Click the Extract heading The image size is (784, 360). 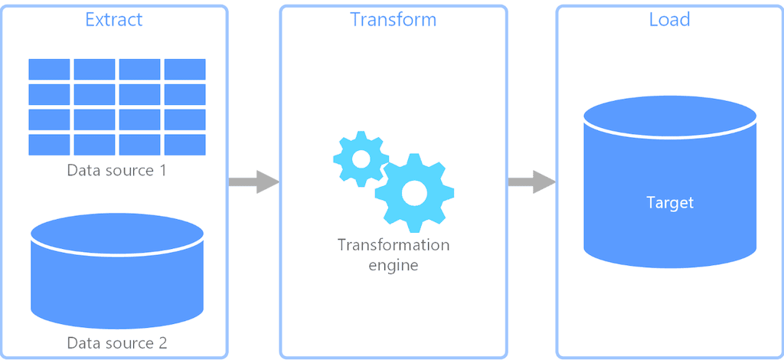tap(113, 19)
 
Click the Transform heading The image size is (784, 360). tap(393, 19)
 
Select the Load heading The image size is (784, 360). tap(669, 19)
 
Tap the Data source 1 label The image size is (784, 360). tap(116, 170)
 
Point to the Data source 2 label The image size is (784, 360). tap(116, 342)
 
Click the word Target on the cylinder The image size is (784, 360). tap(670, 203)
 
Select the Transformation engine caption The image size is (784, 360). tap(394, 255)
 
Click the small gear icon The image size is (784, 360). tap(361, 159)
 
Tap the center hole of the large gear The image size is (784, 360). tap(414, 193)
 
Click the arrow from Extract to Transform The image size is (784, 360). tap(253, 182)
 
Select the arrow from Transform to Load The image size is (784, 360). tap(531, 182)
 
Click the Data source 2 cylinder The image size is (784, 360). tap(116, 272)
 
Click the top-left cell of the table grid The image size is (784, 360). tap(50, 69)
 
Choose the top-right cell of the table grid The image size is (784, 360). tap(185, 69)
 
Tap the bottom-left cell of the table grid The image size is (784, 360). tap(50, 145)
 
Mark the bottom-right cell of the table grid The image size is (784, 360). tap(185, 145)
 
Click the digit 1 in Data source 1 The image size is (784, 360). tap(162, 170)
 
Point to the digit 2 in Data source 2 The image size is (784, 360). tap(162, 342)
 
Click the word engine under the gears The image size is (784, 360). tap(394, 266)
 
